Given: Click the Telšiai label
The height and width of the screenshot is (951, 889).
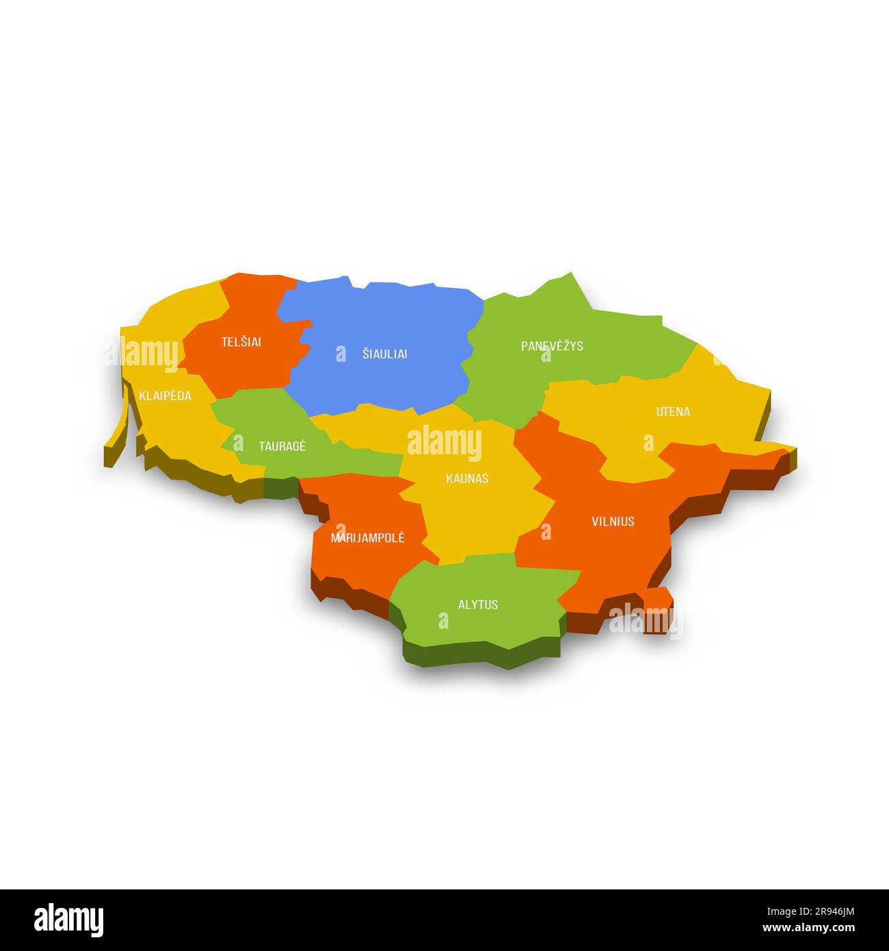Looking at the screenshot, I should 241,342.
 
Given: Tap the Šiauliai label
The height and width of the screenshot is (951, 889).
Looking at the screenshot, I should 384,354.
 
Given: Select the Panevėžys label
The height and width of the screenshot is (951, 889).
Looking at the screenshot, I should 552,346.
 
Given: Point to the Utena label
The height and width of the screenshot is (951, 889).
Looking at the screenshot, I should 673,412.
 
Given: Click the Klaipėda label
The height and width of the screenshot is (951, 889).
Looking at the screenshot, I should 165,396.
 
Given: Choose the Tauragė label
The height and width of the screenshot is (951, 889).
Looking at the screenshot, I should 282,447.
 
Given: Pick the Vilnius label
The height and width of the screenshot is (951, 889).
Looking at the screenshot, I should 613,521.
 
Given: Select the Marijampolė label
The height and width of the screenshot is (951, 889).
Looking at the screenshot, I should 367,538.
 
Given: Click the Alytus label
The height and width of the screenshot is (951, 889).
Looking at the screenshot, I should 478,605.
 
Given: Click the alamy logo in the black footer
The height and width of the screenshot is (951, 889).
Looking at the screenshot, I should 68,920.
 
